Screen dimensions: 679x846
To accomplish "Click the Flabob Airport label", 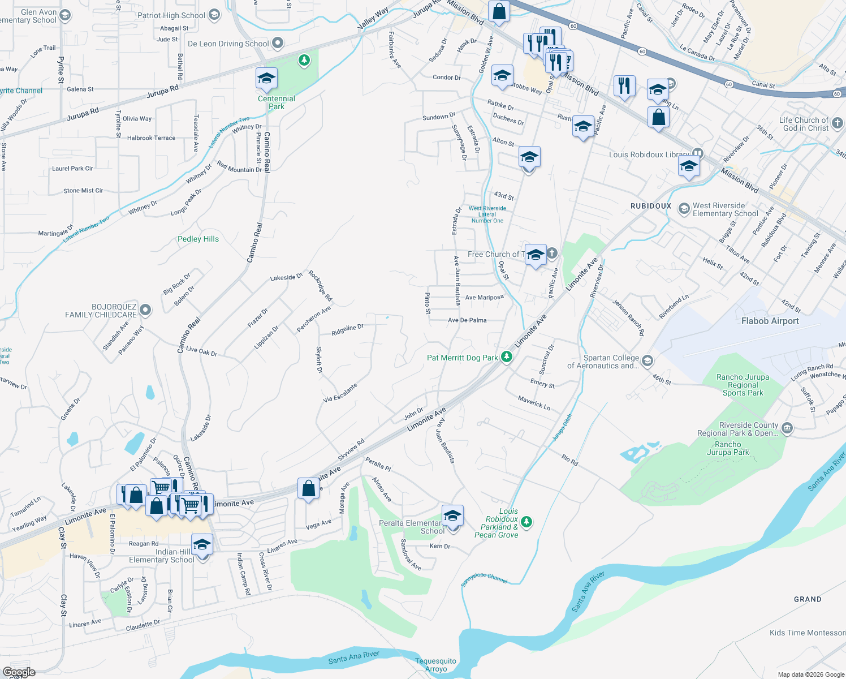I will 770,321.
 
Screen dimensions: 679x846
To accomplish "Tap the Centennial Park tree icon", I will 304,60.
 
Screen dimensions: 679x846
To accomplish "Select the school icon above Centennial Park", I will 266,79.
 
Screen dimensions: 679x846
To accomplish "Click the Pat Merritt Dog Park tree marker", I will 507,357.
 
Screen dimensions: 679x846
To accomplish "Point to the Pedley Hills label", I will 198,239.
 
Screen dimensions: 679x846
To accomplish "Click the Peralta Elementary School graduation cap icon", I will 452,515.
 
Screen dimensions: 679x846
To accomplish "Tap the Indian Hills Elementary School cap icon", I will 202,545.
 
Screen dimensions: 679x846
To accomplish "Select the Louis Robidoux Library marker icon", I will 698,154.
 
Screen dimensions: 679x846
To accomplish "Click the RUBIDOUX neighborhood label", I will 651,206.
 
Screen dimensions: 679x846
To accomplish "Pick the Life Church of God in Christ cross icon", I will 838,123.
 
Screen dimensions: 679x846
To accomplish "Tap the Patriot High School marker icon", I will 214,15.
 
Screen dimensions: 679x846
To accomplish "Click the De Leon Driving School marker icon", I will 278,43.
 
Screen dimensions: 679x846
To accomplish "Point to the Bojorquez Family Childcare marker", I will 145,310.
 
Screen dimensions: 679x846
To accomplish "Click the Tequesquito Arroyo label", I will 435,665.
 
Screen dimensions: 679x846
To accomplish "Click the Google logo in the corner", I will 19,672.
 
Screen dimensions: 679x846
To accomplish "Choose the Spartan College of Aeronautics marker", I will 648,360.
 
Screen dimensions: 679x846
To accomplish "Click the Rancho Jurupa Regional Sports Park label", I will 743,385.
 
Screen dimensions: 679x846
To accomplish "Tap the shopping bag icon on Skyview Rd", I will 308,488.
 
